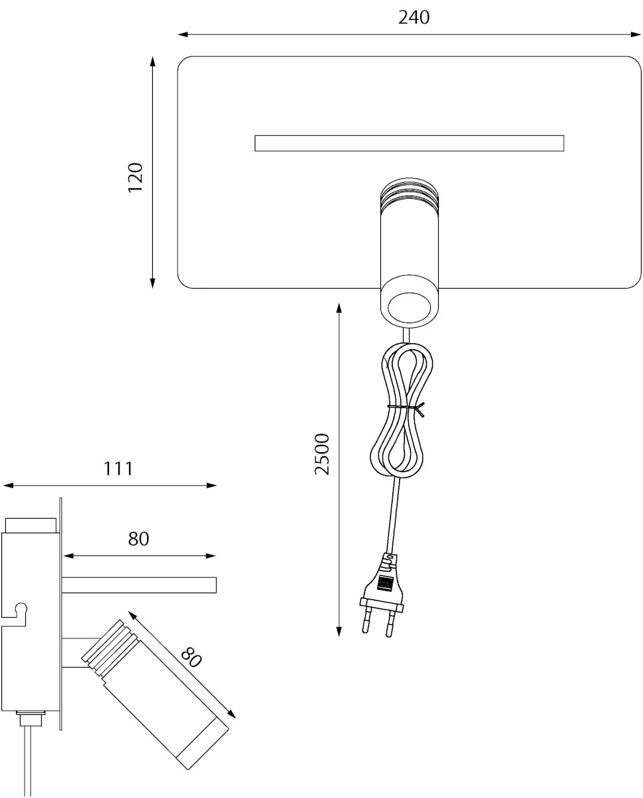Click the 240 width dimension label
(x=414, y=17)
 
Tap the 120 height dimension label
(x=136, y=178)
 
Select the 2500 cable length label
(x=322, y=454)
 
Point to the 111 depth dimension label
(x=118, y=469)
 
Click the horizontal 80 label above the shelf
(x=139, y=539)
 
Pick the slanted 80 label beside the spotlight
(x=192, y=658)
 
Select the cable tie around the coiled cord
(x=406, y=408)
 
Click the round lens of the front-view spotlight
(x=410, y=307)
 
